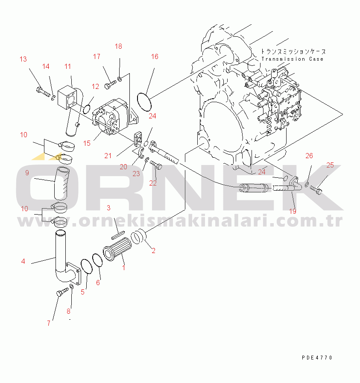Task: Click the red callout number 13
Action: [23, 59]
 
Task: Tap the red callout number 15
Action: [87, 143]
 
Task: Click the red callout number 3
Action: [109, 208]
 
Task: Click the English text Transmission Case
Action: [293, 59]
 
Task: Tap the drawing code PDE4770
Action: [316, 358]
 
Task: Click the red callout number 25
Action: [330, 165]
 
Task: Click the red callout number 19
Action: [293, 211]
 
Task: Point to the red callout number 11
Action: [68, 66]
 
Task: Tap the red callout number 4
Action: [23, 261]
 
